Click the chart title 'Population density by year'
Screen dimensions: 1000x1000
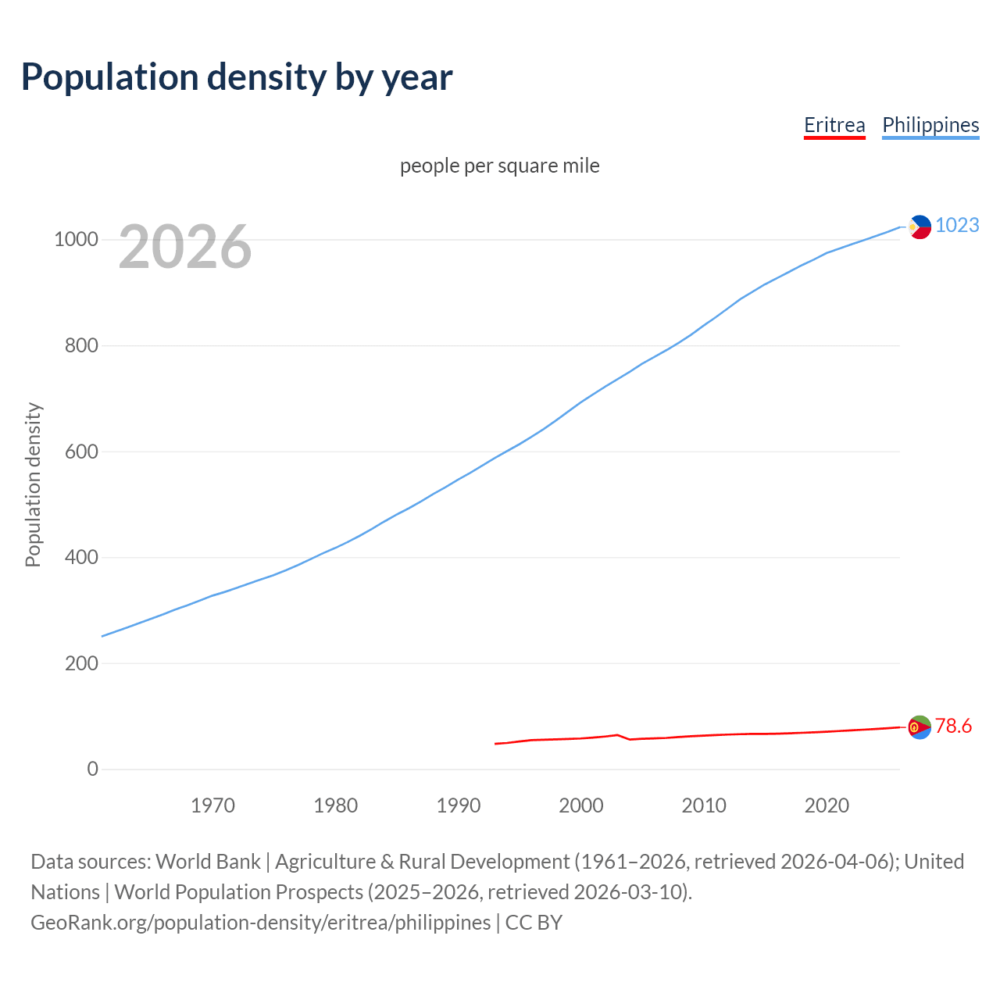[x=237, y=77]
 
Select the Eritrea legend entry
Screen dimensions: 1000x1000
[x=834, y=125]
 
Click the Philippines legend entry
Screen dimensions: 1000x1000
[x=930, y=125]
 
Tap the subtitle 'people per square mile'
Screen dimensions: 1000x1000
[x=499, y=166]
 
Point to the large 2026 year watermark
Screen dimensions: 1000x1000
[x=185, y=247]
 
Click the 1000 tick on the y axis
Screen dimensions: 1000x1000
[x=76, y=240]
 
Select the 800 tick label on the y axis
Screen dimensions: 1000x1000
[x=81, y=345]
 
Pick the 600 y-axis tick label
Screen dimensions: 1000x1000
[x=81, y=452]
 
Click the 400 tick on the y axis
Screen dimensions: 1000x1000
[x=81, y=558]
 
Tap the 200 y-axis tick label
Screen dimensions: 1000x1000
[x=81, y=663]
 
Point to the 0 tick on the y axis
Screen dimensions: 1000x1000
[x=93, y=770]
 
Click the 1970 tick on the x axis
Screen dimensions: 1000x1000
[x=212, y=805]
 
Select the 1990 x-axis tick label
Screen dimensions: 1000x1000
[x=459, y=805]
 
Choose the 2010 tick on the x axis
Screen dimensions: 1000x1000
[x=704, y=805]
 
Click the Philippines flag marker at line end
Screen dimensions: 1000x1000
[x=920, y=227]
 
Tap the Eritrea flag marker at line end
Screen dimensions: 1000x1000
[x=920, y=727]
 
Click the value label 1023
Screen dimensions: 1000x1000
[x=957, y=225]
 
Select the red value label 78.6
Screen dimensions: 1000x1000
[x=953, y=727]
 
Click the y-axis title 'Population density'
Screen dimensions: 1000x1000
[x=33, y=484]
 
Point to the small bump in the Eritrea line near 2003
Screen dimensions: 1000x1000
[x=617, y=735]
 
